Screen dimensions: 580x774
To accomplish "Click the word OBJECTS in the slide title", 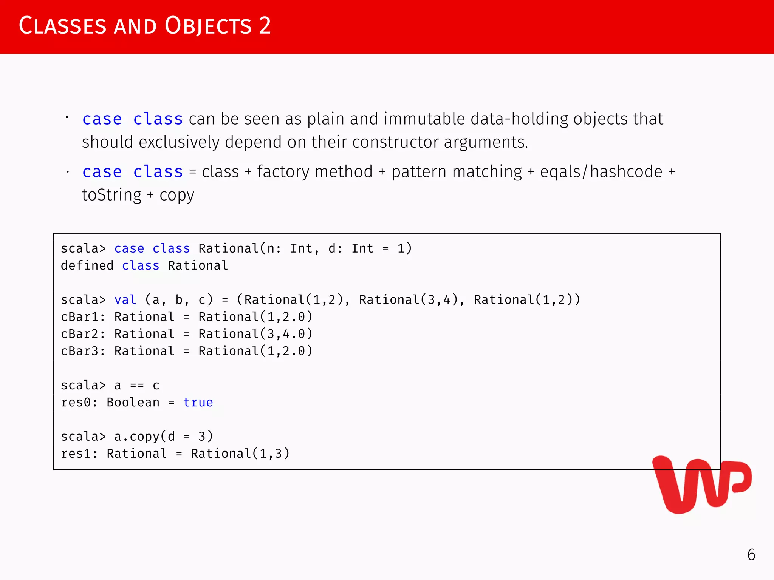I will click(208, 26).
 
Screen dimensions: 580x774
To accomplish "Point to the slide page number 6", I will click(751, 555).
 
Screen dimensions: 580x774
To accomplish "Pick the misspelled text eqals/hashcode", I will click(601, 172).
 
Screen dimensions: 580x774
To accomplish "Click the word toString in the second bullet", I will click(112, 195).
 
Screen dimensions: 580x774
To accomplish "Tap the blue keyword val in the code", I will click(125, 300).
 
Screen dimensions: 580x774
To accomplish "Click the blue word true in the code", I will click(198, 403).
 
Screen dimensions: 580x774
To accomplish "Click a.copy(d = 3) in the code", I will click(163, 437).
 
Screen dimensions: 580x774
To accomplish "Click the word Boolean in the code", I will click(133, 403).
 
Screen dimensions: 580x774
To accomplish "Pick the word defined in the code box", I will click(87, 266).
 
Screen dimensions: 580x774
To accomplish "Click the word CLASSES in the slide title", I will click(62, 26).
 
